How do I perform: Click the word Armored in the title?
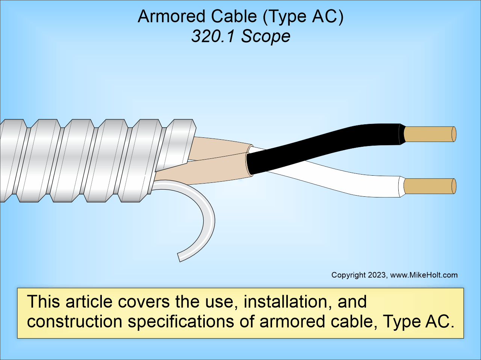(x=171, y=17)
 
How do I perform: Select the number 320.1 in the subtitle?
(x=213, y=36)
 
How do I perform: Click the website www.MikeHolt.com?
(x=424, y=275)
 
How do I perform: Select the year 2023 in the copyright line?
(x=377, y=275)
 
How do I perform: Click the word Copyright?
(x=348, y=275)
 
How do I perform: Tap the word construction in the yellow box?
(x=75, y=322)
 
